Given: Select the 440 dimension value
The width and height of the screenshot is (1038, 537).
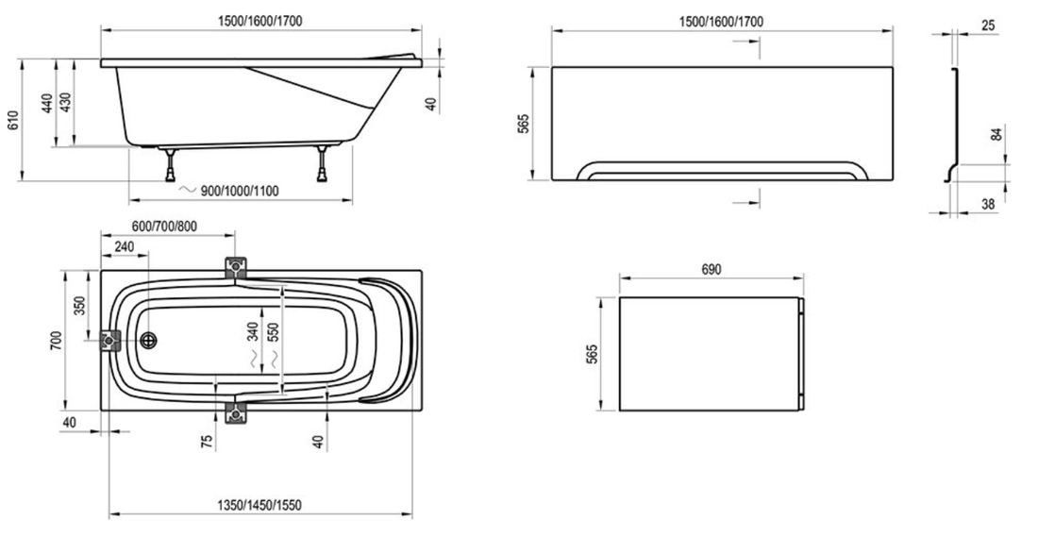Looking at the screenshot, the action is (x=47, y=103).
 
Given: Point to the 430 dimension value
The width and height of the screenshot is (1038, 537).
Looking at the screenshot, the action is (x=65, y=103).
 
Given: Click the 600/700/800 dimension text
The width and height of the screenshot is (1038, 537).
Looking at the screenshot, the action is (x=164, y=227).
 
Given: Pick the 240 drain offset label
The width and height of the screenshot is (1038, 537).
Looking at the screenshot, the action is (x=124, y=247).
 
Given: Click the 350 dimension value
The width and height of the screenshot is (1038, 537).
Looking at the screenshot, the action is (x=80, y=305).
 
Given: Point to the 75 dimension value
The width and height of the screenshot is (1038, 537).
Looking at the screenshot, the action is (x=207, y=440).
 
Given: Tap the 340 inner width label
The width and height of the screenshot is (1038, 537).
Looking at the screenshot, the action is (x=253, y=331).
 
